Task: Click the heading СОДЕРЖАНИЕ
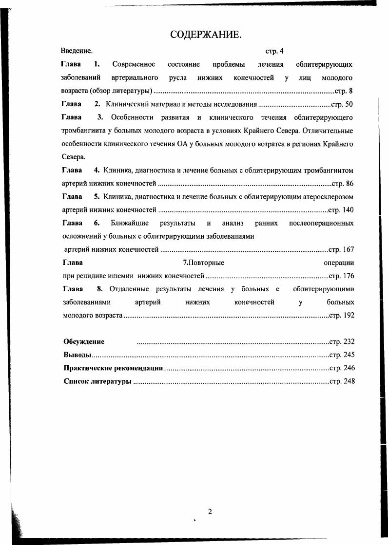205,35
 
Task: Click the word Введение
77,51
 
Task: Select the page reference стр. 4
274,51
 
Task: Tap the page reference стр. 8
344,91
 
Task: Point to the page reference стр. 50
342,104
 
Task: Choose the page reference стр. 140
341,210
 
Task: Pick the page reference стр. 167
341,249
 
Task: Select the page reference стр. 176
341,276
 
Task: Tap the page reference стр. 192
341,315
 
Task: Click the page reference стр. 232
342,342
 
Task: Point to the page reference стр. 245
342,355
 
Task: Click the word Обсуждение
84,342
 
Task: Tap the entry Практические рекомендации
113,368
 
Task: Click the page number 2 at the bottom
210,511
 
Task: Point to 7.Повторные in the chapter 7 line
203,263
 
